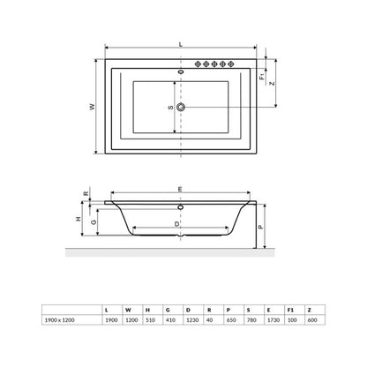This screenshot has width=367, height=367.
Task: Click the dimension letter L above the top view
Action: coord(181,44)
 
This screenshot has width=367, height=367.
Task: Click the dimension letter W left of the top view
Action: coord(93,107)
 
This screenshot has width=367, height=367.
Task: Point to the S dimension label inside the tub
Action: coord(170,108)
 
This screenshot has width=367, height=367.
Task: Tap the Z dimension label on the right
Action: coord(273,83)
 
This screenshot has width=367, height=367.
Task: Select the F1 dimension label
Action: coord(262,77)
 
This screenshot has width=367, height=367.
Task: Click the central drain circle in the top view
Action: coord(181,107)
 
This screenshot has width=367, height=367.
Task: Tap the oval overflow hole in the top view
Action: coord(181,71)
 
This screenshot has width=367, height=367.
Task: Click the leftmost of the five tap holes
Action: coord(198,64)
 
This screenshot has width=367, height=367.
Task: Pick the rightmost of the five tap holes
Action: coord(231,64)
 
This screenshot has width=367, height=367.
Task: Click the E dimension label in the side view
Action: coord(181,189)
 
